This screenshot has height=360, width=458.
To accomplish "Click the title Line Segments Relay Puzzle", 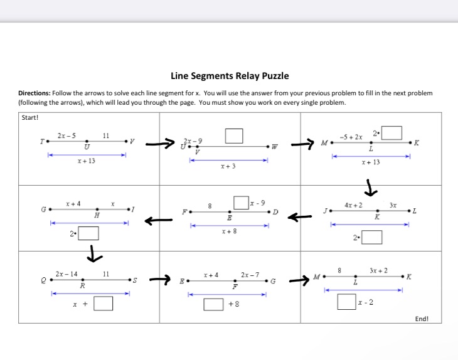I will pyautogui.click(x=230, y=76).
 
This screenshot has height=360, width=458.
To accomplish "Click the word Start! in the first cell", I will pyautogui.click(x=31, y=117).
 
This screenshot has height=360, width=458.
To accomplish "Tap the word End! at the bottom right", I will pyautogui.click(x=422, y=319).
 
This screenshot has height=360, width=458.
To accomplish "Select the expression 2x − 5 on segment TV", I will pyautogui.click(x=66, y=135).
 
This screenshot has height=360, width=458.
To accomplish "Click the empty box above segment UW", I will pyautogui.click(x=234, y=135).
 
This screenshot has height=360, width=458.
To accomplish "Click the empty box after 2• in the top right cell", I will pyautogui.click(x=392, y=133).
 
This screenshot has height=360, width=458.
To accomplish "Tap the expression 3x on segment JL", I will pyautogui.click(x=393, y=205).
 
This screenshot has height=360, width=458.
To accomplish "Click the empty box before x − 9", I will pyautogui.click(x=241, y=203).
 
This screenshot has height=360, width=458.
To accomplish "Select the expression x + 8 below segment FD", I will pyautogui.click(x=229, y=232).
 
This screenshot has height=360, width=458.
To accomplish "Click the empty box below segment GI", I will pyautogui.click(x=88, y=234).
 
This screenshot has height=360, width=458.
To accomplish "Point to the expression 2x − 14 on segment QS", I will pyautogui.click(x=67, y=274).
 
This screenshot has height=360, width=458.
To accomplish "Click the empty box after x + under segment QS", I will pyautogui.click(x=104, y=304).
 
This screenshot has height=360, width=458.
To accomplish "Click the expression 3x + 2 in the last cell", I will pyautogui.click(x=378, y=270).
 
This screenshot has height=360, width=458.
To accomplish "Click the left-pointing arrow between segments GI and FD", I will pyautogui.click(x=159, y=221).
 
